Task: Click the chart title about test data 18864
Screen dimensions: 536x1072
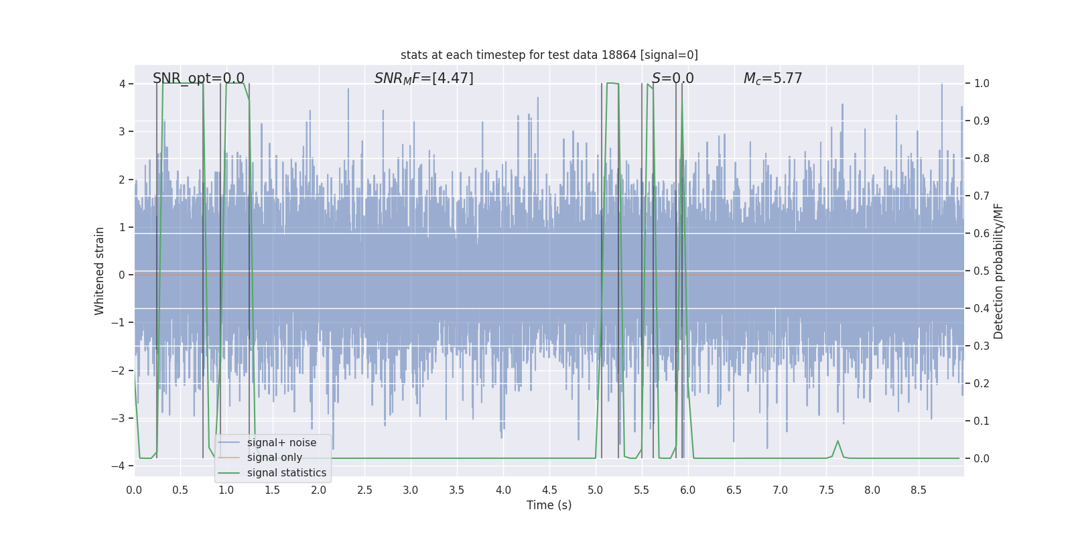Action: tap(549, 55)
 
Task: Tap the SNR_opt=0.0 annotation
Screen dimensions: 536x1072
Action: tap(198, 78)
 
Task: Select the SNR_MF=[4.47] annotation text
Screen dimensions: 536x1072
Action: tap(423, 78)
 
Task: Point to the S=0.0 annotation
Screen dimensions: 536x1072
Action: tap(673, 78)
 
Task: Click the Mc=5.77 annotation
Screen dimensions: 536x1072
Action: tap(773, 78)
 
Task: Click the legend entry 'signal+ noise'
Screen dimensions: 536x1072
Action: tap(281, 443)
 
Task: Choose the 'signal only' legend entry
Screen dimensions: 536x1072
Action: tap(274, 458)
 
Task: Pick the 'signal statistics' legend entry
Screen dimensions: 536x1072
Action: tap(286, 473)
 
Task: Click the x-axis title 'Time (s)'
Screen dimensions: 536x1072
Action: tap(549, 505)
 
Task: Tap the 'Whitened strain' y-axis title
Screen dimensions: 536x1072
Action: tap(100, 271)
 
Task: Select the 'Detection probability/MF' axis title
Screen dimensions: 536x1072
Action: tap(998, 271)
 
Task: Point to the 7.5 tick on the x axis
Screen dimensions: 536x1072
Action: tap(826, 490)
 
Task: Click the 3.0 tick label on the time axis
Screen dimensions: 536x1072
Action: tap(411, 490)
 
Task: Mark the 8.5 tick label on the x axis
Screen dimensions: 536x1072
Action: tap(919, 490)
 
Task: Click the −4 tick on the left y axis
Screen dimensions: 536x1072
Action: tap(121, 466)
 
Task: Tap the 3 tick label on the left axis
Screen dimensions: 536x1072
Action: tap(122, 131)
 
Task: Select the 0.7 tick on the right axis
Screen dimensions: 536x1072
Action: tap(982, 196)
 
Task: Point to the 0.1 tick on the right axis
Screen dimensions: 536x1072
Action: tap(982, 421)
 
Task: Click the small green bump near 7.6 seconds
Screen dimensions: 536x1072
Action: tap(837, 442)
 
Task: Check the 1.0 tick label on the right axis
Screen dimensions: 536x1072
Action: tap(982, 84)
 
